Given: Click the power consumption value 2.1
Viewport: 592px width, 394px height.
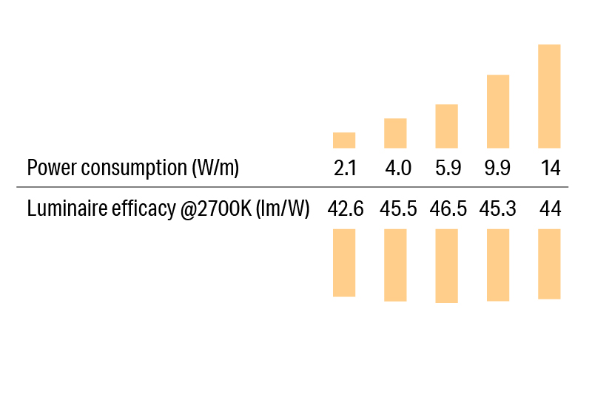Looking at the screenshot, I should click(345, 169).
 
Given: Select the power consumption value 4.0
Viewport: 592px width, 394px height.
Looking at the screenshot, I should click(397, 169).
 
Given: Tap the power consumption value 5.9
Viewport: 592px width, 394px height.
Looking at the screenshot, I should click(448, 169).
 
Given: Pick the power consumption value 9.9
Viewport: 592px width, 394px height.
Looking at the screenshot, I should click(497, 169).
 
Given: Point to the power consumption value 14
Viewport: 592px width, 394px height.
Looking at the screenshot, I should click(550, 169).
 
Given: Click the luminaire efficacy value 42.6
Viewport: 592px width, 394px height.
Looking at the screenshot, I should click(346, 209).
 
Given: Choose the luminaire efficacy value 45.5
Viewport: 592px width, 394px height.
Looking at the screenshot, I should click(397, 209).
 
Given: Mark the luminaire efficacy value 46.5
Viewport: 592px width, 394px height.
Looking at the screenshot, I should click(448, 209).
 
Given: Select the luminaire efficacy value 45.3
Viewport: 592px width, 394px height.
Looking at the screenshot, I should click(498, 209).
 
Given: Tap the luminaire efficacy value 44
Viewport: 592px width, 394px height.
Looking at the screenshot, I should click(550, 209).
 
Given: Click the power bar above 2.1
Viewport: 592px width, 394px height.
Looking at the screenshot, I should click(344, 140).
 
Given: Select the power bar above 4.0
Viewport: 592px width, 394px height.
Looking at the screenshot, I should click(395, 133).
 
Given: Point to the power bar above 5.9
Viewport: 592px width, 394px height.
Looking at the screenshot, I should click(447, 126).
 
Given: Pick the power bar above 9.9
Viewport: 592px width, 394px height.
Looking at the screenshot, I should click(498, 112).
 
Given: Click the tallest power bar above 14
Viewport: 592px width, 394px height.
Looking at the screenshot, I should click(549, 96).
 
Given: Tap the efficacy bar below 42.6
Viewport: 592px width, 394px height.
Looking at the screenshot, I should click(344, 262).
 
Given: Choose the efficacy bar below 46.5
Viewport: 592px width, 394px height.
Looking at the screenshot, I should click(447, 266).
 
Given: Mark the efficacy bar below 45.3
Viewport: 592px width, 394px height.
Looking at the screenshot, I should click(498, 265).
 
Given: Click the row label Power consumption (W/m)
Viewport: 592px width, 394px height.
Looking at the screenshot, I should click(133, 169).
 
